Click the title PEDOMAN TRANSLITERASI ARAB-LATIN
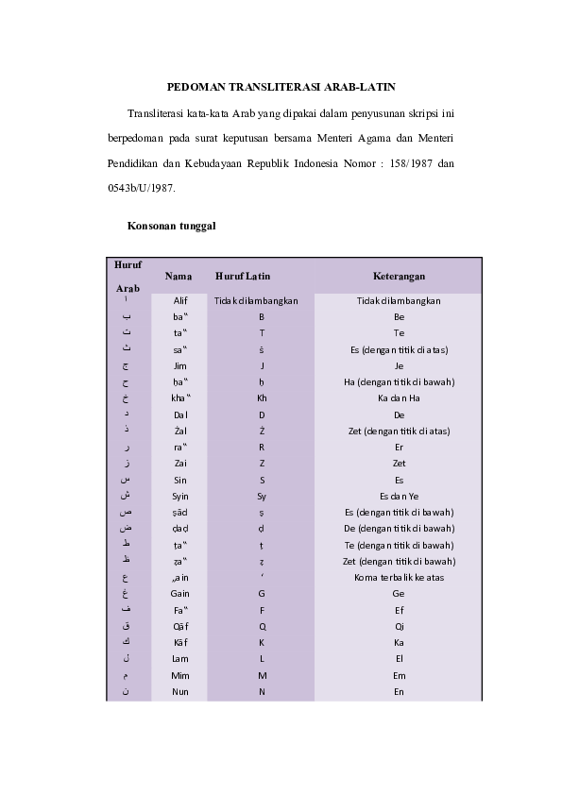281,85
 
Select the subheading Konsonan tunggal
172,227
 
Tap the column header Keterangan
398,276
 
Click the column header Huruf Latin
243,276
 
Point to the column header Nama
179,276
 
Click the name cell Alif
180,300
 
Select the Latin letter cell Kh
262,397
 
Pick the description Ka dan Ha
399,397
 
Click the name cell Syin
180,495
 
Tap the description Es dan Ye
399,495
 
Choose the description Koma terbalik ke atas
399,576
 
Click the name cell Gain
180,593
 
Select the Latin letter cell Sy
262,495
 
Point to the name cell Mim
180,674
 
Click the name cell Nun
180,691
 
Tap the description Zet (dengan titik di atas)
399,431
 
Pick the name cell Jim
180,365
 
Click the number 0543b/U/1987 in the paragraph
141,188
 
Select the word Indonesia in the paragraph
313,162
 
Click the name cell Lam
180,657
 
